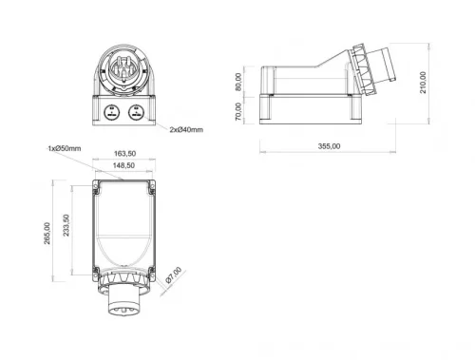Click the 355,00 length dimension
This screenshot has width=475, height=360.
click(x=330, y=146)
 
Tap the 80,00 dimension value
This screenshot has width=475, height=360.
click(x=240, y=83)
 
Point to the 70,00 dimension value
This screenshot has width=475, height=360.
click(x=240, y=111)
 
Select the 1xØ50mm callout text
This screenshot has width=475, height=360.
click(x=63, y=148)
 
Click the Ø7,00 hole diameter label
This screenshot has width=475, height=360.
click(x=171, y=278)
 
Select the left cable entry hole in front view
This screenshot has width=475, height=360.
click(x=112, y=111)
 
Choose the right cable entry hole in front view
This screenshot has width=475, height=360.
click(x=136, y=111)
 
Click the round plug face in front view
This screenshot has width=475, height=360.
click(x=123, y=68)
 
